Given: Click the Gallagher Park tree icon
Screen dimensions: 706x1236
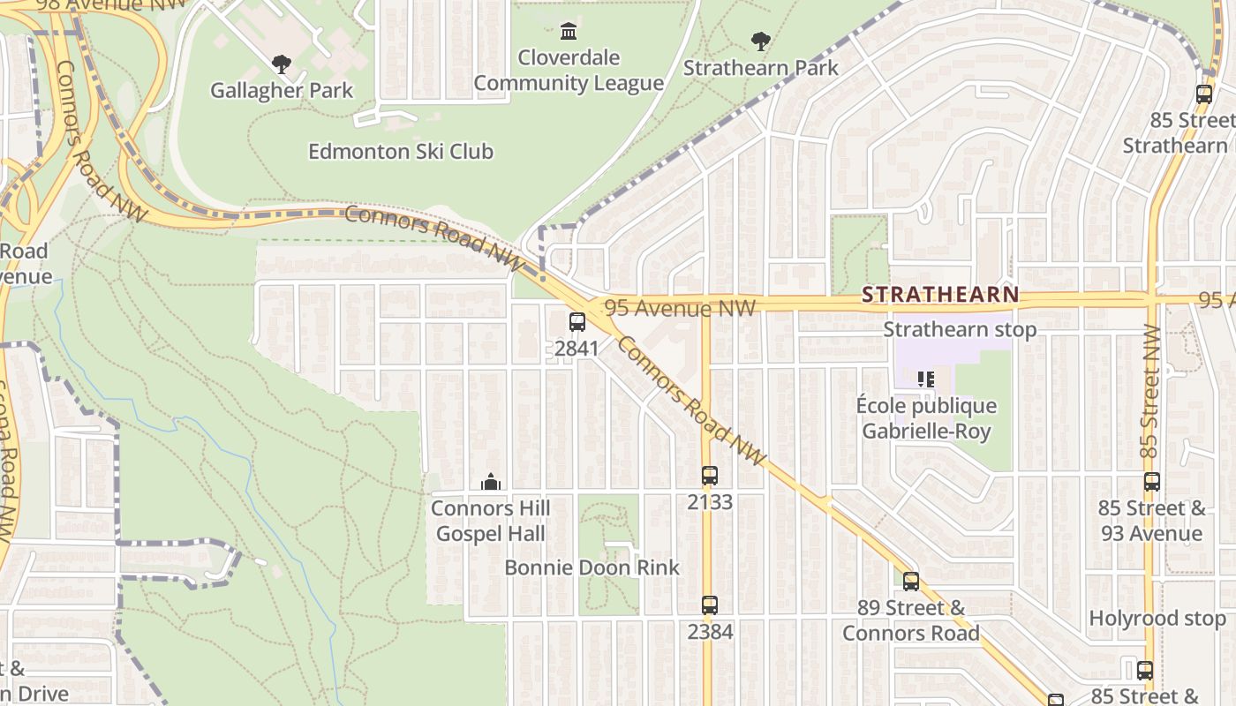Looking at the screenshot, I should click(x=282, y=64).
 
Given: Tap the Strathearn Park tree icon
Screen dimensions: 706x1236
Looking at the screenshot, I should click(x=760, y=41).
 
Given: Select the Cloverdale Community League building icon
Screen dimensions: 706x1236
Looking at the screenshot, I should click(x=569, y=32).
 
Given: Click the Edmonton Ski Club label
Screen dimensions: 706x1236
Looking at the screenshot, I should click(x=401, y=152).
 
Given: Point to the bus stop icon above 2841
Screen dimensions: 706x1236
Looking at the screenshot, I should click(x=577, y=322).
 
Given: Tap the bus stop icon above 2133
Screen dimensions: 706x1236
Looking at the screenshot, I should click(x=710, y=476).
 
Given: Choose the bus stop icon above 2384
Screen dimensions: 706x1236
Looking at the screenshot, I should click(x=710, y=605).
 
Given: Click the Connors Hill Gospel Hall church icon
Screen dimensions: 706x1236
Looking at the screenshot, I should click(x=490, y=482).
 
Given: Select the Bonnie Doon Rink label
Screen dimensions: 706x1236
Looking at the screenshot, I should click(x=592, y=567).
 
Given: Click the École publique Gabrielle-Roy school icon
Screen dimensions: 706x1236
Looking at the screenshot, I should click(x=926, y=379).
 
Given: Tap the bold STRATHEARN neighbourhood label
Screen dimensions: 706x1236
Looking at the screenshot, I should click(x=940, y=295).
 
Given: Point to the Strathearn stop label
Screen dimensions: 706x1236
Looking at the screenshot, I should click(x=960, y=329).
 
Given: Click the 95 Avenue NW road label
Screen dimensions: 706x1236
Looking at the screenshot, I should click(x=681, y=308).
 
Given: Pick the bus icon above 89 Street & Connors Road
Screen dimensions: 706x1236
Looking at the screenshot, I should click(x=911, y=582).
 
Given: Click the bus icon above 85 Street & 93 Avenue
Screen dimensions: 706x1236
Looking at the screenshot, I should click(x=1152, y=482).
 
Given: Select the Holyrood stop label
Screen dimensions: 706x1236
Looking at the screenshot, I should click(x=1157, y=619).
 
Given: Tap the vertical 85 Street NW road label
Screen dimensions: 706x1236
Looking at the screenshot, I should click(x=1149, y=391).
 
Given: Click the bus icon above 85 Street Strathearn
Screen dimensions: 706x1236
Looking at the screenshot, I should click(x=1203, y=94).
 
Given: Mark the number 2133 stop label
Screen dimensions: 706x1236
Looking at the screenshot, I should click(x=710, y=502).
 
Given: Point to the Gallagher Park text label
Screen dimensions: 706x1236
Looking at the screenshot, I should click(x=282, y=90).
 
